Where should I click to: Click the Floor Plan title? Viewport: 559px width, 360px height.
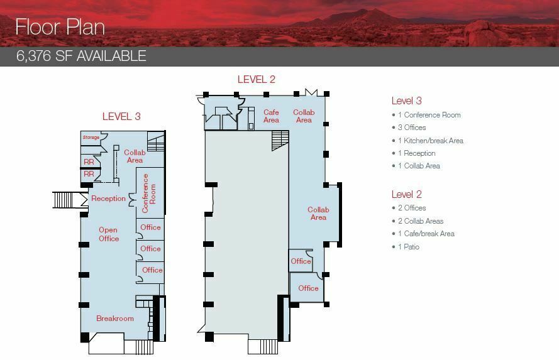[60, 27]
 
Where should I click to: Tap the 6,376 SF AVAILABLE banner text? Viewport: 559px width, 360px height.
[81, 57]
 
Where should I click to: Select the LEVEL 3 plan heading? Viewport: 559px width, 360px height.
[121, 116]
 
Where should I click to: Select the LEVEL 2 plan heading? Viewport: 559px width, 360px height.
[257, 79]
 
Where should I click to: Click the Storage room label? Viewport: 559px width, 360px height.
[91, 137]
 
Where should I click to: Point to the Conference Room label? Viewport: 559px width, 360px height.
[149, 194]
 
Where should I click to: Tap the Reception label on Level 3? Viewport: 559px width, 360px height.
[108, 199]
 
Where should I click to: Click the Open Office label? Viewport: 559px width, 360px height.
[108, 234]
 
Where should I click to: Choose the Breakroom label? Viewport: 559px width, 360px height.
[115, 319]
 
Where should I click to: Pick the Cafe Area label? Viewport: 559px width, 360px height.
[271, 116]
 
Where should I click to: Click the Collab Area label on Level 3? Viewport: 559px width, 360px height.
[135, 156]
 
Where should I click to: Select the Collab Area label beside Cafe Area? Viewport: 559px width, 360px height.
[304, 116]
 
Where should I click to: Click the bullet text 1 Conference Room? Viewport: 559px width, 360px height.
[429, 115]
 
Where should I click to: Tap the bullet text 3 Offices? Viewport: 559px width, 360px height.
[412, 128]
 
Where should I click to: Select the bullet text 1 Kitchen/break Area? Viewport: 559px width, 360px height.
[431, 141]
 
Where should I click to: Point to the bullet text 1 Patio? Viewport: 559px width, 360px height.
[409, 247]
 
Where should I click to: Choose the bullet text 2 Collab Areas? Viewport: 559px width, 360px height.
[421, 221]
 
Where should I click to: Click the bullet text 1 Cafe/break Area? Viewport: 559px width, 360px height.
[426, 234]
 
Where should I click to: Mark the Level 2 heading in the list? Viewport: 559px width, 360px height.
[406, 194]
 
